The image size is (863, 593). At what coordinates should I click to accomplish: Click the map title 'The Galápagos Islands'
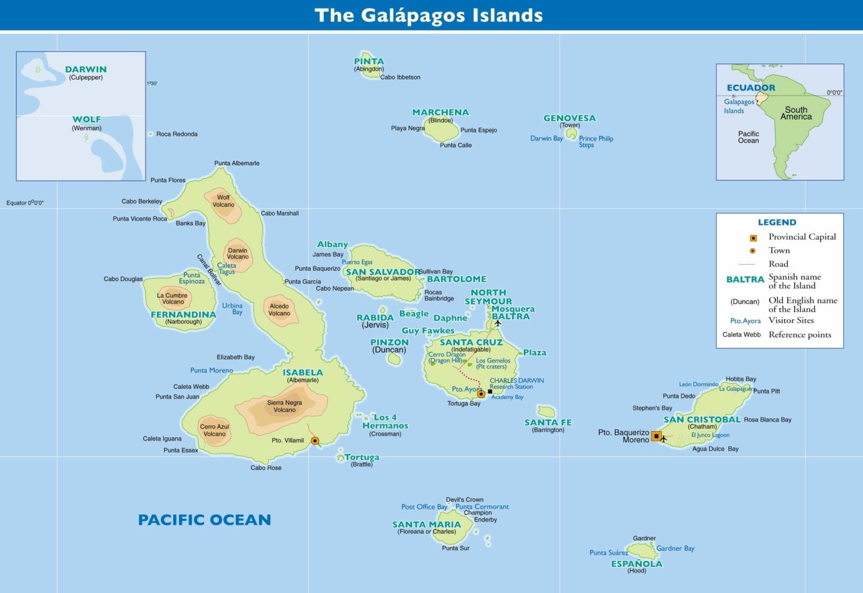tap(429, 15)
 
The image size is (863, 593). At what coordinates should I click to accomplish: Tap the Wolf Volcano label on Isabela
tap(224, 201)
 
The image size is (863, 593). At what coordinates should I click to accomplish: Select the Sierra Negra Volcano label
tap(284, 406)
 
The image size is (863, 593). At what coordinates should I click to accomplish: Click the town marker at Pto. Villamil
tap(315, 441)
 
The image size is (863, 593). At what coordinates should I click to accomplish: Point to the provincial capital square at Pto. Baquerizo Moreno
tap(656, 436)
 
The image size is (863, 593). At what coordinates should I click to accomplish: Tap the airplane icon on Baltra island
tap(497, 323)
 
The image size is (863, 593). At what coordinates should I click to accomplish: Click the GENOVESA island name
tap(569, 118)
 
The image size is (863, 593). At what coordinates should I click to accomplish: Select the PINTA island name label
tap(369, 61)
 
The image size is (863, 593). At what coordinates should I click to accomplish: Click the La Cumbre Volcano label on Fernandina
tap(172, 298)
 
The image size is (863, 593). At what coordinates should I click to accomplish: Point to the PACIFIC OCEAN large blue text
tap(205, 520)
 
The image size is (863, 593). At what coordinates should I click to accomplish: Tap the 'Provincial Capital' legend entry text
tap(802, 237)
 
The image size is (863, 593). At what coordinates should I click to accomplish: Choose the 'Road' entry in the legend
tap(778, 264)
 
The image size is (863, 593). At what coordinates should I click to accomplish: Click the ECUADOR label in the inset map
tap(751, 88)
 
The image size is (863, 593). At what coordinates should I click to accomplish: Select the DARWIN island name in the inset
tap(86, 70)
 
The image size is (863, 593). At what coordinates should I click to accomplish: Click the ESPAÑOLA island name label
tap(637, 564)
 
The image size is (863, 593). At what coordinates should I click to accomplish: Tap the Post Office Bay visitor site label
tap(424, 507)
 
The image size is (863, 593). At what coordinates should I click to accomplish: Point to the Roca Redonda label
tap(177, 134)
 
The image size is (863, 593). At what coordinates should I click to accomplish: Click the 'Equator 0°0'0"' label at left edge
tap(25, 203)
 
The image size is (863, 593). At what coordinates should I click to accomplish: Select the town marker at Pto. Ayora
tap(481, 394)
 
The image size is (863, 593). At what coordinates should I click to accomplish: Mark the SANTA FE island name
tap(548, 423)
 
